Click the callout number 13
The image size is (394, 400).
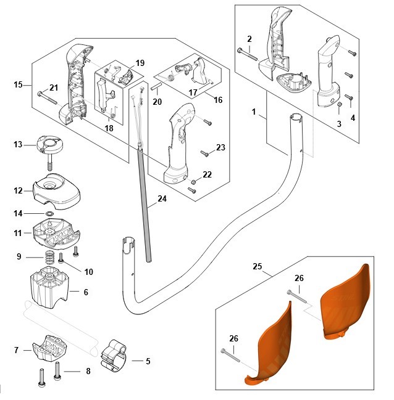18,145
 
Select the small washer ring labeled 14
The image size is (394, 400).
50,213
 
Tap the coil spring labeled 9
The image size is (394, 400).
50,258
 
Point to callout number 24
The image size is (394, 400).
162,198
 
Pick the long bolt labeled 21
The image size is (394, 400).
48,98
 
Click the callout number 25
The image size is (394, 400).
258,266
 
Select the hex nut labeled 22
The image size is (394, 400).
193,182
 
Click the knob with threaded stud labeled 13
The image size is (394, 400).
49,150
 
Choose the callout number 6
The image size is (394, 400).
86,292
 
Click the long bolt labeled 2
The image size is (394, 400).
248,54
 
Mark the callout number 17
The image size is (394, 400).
193,92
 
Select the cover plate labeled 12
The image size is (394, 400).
56,191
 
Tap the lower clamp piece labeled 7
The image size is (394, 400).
49,348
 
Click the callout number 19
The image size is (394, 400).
140,63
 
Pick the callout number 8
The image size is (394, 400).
88,371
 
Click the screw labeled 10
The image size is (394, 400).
61,258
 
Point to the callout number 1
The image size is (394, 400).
254,112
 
